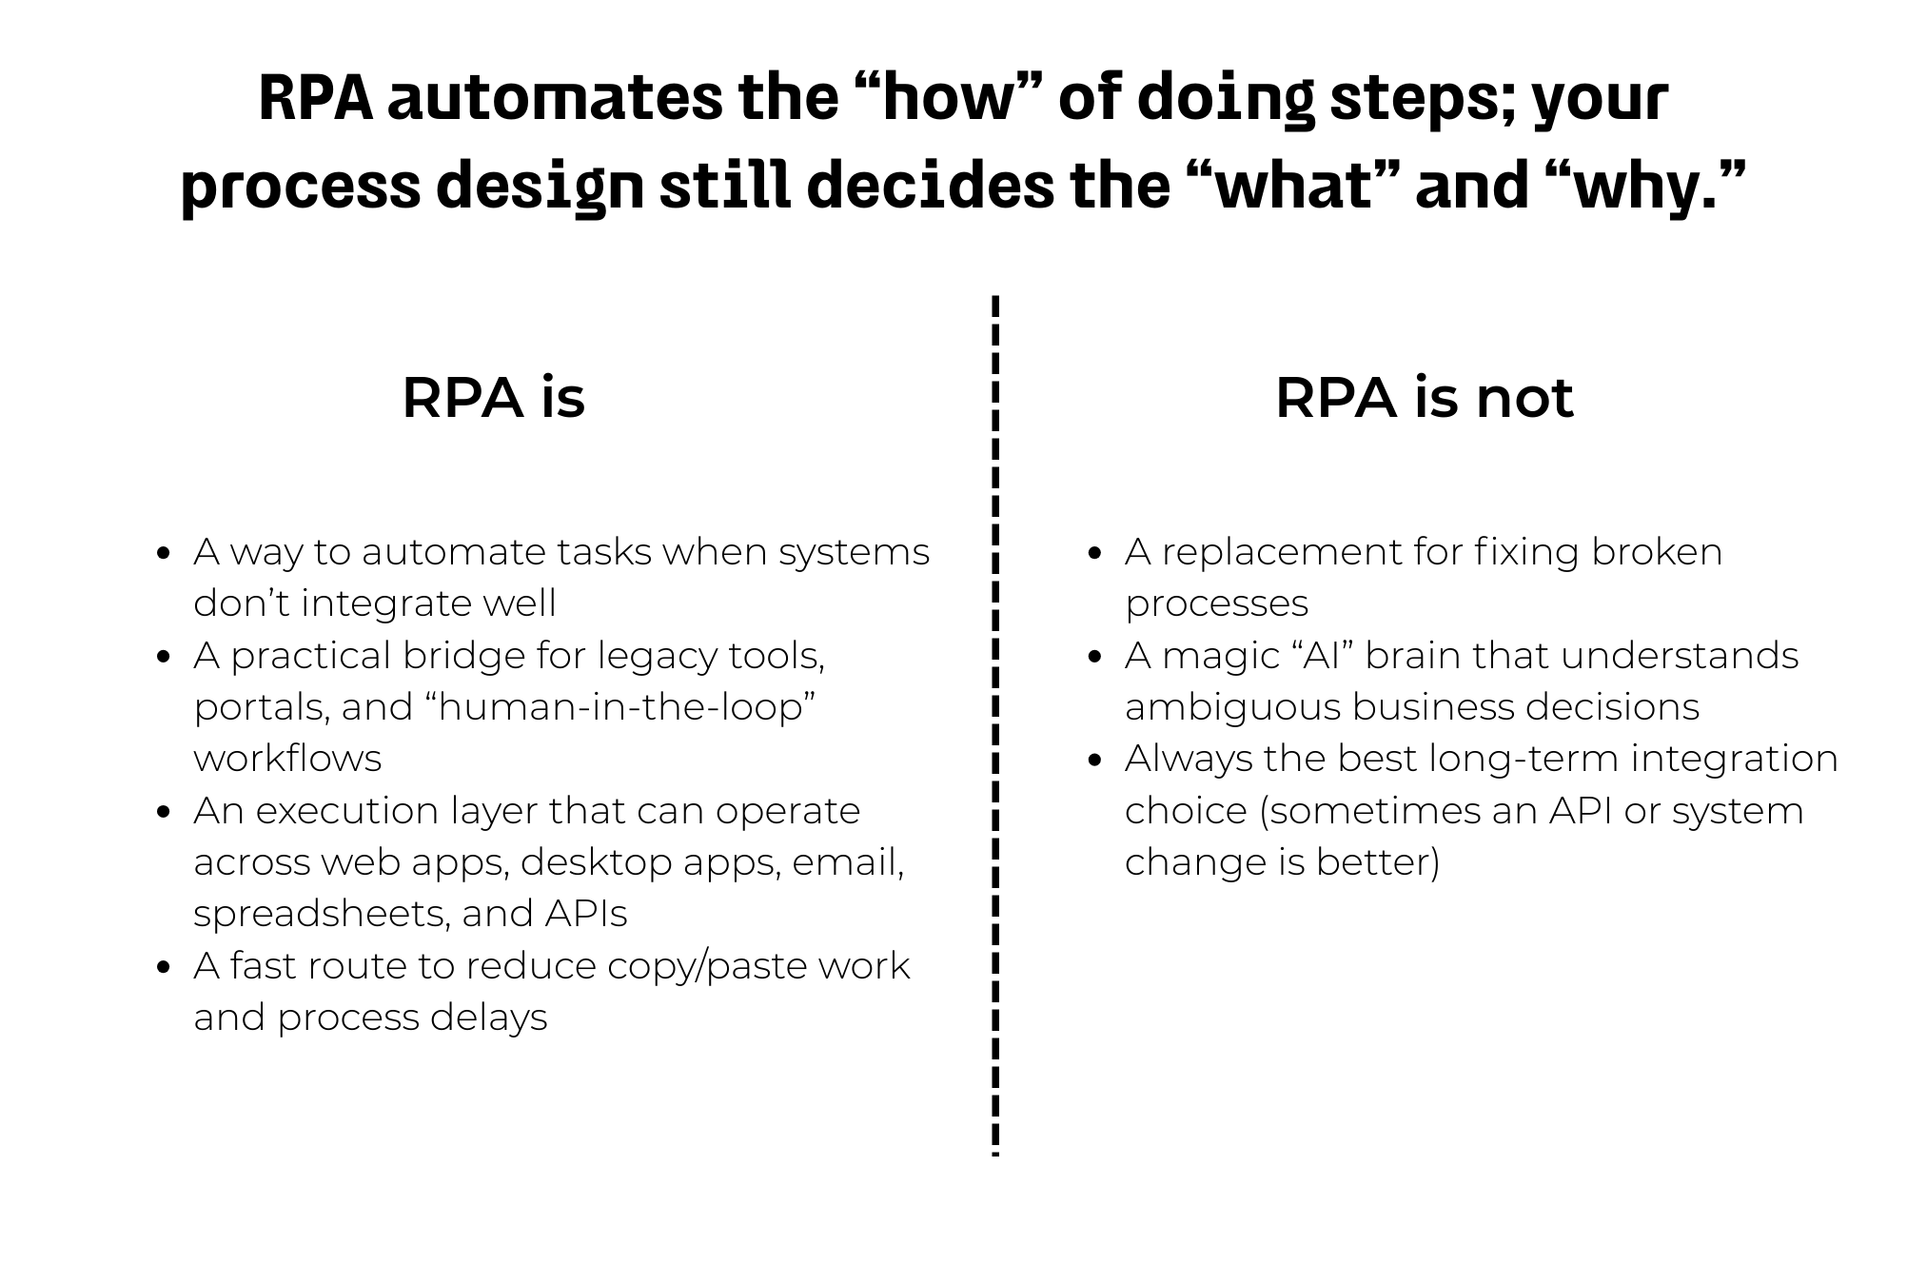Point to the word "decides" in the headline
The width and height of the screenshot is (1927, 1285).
[x=930, y=187]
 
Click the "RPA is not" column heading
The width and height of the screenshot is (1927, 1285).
[x=1424, y=397]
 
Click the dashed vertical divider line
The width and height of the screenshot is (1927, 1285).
[x=994, y=723]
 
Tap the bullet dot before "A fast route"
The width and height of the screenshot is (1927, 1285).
[x=165, y=967]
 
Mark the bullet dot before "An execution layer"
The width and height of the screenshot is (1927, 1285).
[x=165, y=812]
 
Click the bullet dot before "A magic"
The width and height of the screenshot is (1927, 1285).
[x=1095, y=657]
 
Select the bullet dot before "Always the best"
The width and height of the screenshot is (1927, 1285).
[x=1095, y=760]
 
